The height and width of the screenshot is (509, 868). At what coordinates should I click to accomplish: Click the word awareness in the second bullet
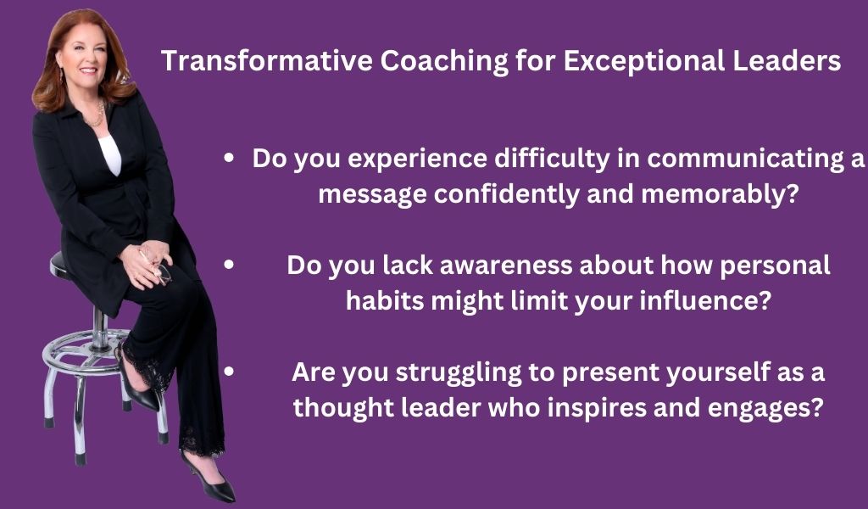click(505, 266)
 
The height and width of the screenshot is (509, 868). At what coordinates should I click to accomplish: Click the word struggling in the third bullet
click(459, 372)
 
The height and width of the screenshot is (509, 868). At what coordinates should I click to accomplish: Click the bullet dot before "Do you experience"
click(229, 158)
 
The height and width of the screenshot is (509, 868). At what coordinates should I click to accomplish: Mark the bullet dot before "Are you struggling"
click(229, 372)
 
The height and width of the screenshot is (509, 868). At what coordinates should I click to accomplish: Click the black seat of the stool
click(60, 266)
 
